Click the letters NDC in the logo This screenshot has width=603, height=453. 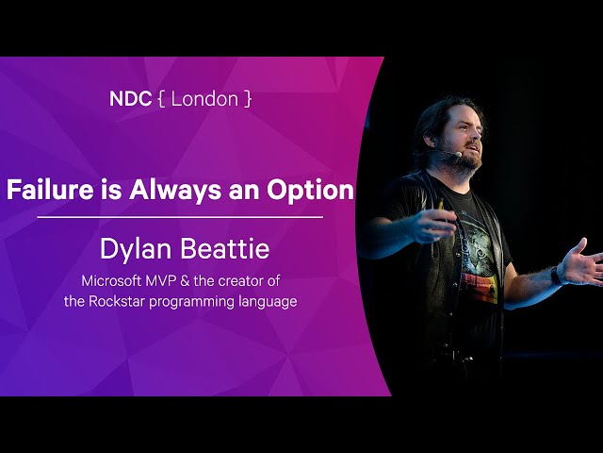coord(130,99)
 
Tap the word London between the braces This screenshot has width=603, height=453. coord(204,99)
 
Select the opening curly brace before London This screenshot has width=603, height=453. coord(161,99)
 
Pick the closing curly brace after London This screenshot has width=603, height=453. coord(248,99)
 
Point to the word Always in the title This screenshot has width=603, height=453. coord(175,191)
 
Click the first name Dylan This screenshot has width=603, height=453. coord(136,249)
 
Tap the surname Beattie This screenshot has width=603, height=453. coord(225,249)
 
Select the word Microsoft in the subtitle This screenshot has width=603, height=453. coord(111,281)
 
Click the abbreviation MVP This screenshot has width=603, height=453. coord(160,281)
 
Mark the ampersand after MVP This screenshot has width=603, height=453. coord(185,281)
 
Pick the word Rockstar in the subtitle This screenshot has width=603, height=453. coord(117,301)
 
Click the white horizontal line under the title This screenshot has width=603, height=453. coord(180,217)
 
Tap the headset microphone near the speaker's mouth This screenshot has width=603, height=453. coord(458,155)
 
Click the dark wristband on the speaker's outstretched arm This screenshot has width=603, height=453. coord(556,276)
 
